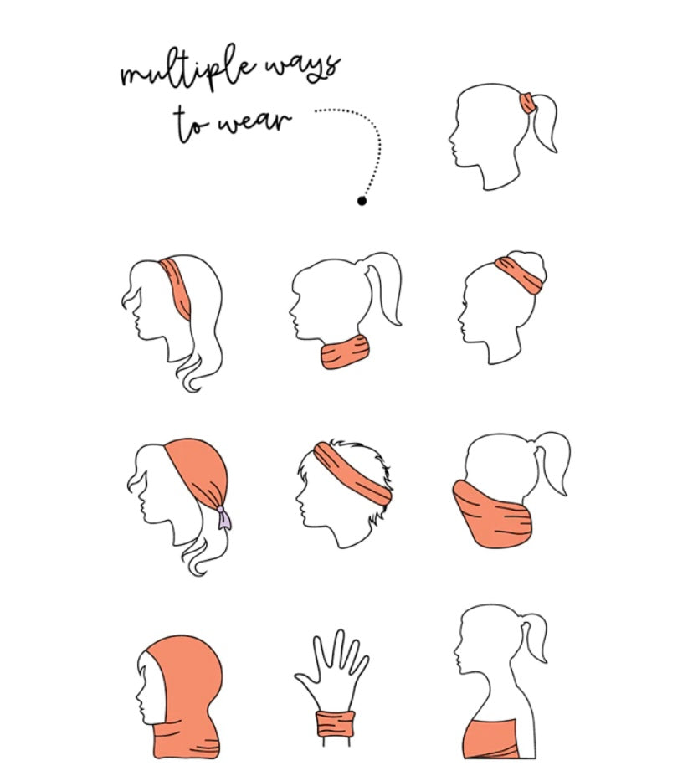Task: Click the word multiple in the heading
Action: [188, 72]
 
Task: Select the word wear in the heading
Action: [255, 122]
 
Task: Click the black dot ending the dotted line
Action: [362, 201]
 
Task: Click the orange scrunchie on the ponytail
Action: [528, 103]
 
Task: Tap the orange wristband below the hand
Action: [336, 724]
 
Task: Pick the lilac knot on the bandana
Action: [223, 517]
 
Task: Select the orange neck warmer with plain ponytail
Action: [345, 352]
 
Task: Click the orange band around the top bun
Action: [519, 275]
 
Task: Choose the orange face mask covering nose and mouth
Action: [492, 513]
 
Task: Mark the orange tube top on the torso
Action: [491, 738]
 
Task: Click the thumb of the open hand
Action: [305, 681]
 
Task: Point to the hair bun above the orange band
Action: [529, 263]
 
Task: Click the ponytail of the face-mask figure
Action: [552, 460]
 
